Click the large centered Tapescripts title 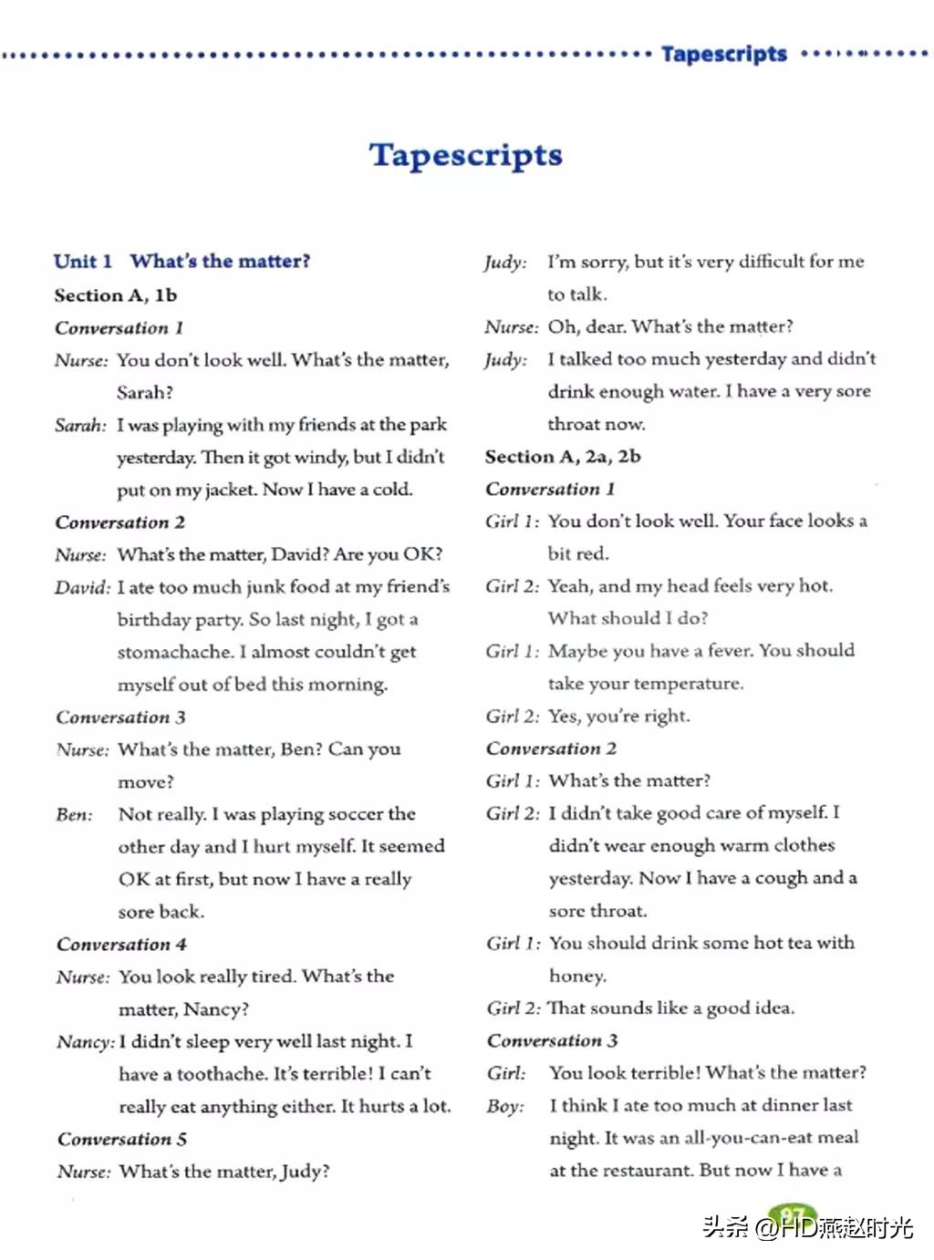tap(465, 155)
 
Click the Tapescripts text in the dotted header tap(723, 54)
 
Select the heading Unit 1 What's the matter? tap(182, 262)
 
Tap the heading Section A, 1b tap(115, 295)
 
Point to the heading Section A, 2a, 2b tap(563, 457)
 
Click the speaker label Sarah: tap(80, 426)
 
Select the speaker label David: tap(82, 588)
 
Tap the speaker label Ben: tap(74, 815)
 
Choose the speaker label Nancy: tap(86, 1042)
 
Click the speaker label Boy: tap(505, 1107)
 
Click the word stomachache tap(174, 653)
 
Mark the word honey tap(576, 976)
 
